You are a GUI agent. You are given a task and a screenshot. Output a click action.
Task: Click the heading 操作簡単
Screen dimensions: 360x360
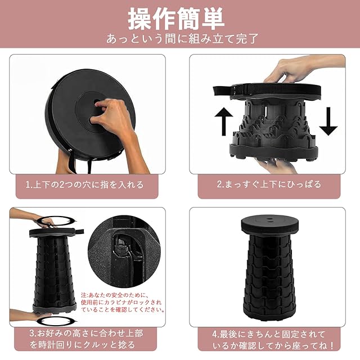click(x=176, y=19)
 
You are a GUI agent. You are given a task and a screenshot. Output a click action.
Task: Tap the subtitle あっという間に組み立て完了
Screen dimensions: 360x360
click(x=182, y=39)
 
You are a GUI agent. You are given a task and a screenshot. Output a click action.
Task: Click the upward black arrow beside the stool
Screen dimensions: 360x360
click(x=223, y=121)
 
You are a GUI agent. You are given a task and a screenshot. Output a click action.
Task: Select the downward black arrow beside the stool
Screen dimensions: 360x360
click(x=328, y=121)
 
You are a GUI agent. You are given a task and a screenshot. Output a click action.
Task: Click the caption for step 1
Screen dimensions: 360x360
click(x=84, y=185)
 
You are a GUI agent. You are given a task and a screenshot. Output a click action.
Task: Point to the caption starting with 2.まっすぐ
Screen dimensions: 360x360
click(x=269, y=184)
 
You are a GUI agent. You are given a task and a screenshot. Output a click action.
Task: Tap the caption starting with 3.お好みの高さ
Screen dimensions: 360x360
click(x=86, y=339)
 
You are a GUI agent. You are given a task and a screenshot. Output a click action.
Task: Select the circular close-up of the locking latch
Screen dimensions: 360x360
click(x=124, y=251)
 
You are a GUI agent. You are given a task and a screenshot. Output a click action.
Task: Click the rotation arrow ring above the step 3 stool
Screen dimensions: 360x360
click(x=56, y=221)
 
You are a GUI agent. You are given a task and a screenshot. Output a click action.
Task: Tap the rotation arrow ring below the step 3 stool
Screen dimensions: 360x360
click(x=56, y=321)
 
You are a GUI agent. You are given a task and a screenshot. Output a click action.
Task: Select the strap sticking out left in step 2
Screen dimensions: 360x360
click(x=224, y=91)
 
